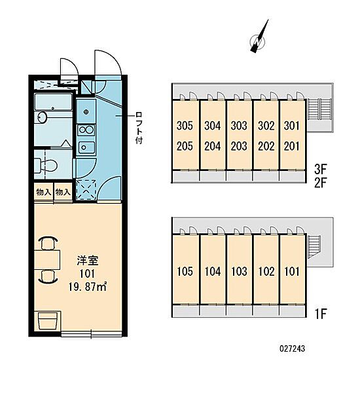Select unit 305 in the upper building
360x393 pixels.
185,126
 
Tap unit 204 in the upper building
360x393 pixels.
212,145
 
